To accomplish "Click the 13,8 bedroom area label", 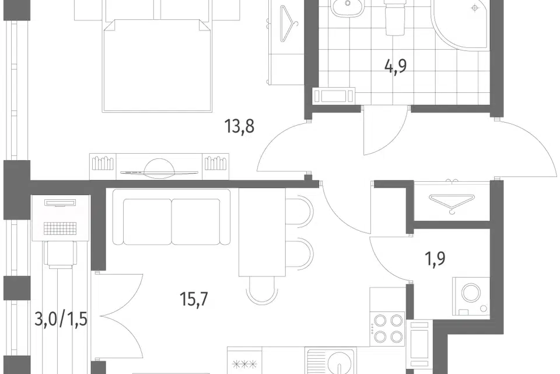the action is pyautogui.click(x=239, y=126).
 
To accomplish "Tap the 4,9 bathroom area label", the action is pyautogui.click(x=395, y=66).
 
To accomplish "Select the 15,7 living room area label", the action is pyautogui.click(x=194, y=299).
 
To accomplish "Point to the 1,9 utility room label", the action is pyautogui.click(x=435, y=258).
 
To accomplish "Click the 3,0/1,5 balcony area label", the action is pyautogui.click(x=61, y=319).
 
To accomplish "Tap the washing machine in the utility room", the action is pyautogui.click(x=471, y=296).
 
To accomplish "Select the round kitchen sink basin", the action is pyautogui.click(x=339, y=363).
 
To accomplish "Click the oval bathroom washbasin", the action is pyautogui.click(x=346, y=7).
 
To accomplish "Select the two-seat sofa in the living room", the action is pyautogui.click(x=171, y=217).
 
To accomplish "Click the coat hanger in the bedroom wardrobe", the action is pyautogui.click(x=288, y=23).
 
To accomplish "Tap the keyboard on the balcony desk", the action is pyautogui.click(x=60, y=228).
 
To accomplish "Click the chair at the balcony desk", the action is pyautogui.click(x=60, y=255).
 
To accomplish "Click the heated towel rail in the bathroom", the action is pyautogui.click(x=333, y=96).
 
